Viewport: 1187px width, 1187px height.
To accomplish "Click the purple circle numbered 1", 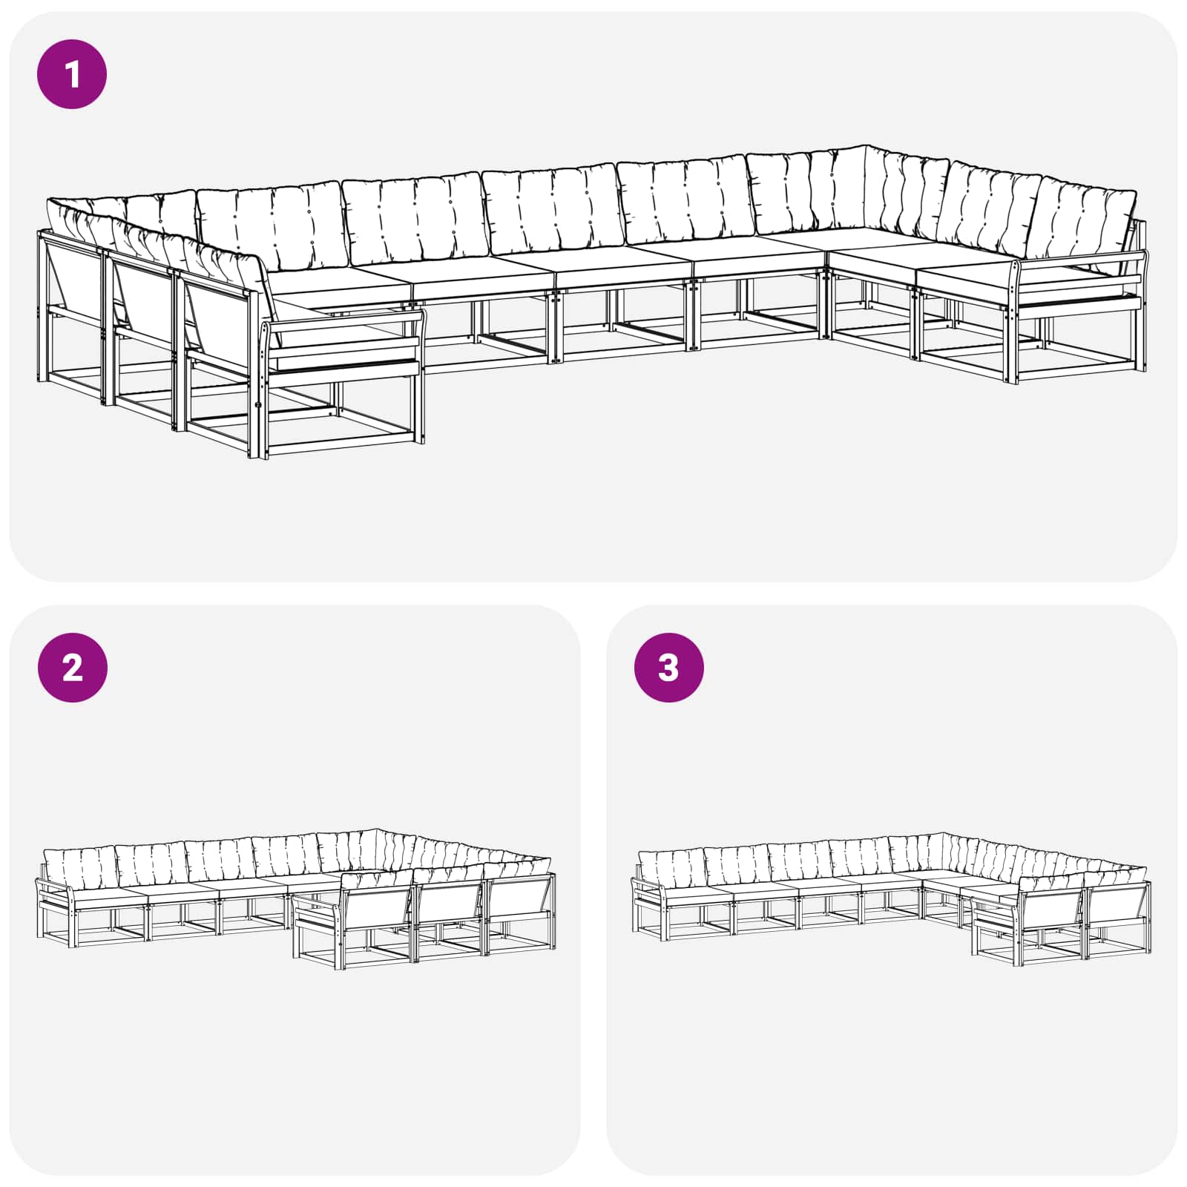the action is [72, 75].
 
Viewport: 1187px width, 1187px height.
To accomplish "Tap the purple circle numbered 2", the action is [72, 668].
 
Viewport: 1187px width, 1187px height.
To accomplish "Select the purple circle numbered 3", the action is [668, 668].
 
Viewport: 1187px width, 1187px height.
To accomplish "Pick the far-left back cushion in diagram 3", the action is [671, 867].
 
